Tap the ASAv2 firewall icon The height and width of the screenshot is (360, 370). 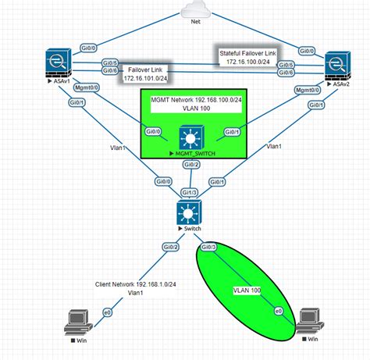coord(336,65)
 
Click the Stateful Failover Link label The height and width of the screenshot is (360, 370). coord(246,55)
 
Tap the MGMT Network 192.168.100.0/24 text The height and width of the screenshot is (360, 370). coord(191,101)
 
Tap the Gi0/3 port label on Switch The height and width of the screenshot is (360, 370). coord(208,248)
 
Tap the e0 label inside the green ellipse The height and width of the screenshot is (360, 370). coord(278,311)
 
